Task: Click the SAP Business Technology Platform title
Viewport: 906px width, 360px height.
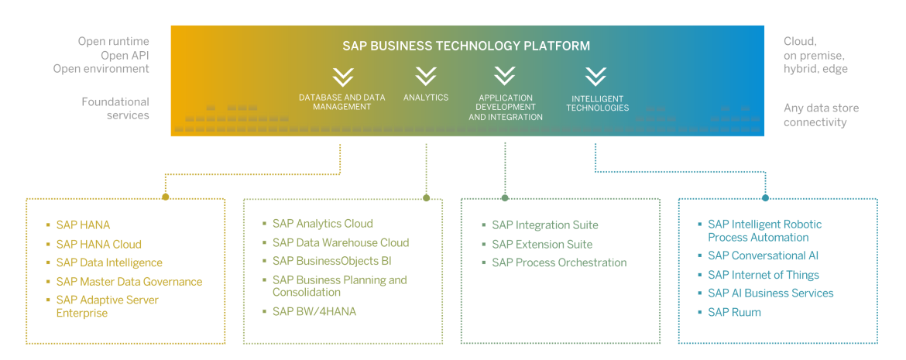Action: pos(466,46)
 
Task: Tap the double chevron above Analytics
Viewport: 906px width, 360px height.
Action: pos(426,76)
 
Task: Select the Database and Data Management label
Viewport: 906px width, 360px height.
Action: pos(342,102)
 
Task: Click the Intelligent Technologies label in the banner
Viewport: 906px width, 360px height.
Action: pos(597,104)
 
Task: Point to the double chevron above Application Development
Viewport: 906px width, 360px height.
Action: pos(505,76)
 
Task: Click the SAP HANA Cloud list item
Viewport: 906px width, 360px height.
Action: pos(98,244)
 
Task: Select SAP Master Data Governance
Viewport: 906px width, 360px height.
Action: pos(129,282)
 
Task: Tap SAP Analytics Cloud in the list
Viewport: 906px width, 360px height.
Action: pos(322,224)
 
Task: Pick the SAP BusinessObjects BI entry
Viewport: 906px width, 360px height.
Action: pos(331,261)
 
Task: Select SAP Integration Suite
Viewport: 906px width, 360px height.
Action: pos(544,225)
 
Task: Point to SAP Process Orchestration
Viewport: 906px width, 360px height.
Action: pos(559,262)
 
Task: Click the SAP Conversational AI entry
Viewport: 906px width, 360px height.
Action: pos(763,255)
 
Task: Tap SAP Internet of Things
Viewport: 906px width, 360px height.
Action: pos(763,275)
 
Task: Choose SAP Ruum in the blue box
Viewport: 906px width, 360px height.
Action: pos(734,312)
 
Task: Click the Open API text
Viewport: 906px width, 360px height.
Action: pos(125,55)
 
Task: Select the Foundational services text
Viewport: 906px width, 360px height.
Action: pos(115,108)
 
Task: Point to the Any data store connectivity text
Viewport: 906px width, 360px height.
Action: pos(821,115)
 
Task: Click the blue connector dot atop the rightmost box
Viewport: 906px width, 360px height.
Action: pos(765,197)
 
